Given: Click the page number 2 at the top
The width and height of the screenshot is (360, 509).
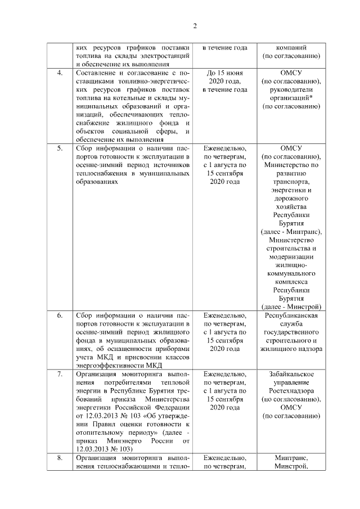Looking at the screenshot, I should (x=195, y=26).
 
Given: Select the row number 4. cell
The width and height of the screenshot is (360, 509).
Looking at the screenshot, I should (x=59, y=73).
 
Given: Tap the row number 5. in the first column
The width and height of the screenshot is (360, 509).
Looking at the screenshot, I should (x=59, y=148).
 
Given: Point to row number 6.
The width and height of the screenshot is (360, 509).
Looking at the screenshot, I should (x=59, y=316).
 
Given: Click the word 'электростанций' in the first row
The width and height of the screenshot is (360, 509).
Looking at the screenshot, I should (x=166, y=56).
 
